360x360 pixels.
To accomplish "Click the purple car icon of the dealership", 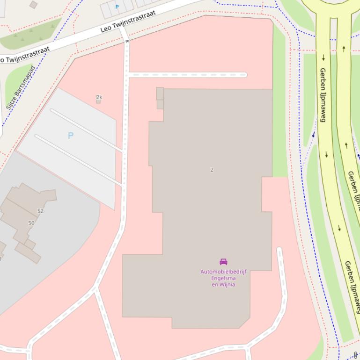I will pos(223,262).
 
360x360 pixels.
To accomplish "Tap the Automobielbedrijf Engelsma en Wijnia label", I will pos(223,278).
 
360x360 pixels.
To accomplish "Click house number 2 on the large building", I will pos(212,170).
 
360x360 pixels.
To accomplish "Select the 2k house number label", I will pos(99,97).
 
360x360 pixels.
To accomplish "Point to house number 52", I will pos(40,211).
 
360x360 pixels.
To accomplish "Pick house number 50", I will pos(31,223).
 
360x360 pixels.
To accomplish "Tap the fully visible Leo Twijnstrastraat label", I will pos(128,22).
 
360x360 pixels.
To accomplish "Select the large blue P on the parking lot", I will pos(71,136).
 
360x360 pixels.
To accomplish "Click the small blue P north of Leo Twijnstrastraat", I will pos(117,7).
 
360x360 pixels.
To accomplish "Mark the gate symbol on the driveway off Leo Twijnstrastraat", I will pos(127,42).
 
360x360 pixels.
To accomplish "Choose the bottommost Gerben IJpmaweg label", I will pos(352,286).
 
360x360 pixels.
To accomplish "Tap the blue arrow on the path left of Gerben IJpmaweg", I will pos(313,135).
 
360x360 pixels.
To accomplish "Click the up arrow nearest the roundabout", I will pos(344,49).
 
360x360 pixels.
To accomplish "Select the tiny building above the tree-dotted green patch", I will pos(33,5).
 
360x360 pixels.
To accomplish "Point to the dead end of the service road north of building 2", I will pos(245,75).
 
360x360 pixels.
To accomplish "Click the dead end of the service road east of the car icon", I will pos(279,250).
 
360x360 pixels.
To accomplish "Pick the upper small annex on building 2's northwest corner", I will pos(160,93).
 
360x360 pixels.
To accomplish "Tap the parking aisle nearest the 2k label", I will pos(87,130).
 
